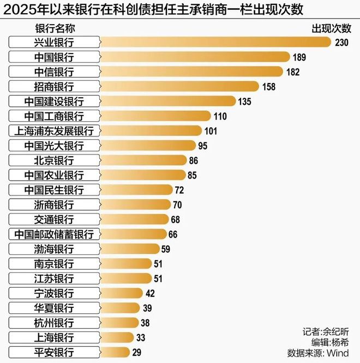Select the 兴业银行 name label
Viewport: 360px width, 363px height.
[x=54, y=42]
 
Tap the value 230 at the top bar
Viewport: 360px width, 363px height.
[x=343, y=43]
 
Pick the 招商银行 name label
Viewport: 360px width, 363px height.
[x=54, y=86]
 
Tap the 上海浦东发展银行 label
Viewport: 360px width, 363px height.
[x=54, y=130]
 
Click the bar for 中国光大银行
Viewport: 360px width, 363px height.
[x=147, y=145]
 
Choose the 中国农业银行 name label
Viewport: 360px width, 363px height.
[x=54, y=175]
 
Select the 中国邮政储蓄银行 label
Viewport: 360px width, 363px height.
[x=54, y=234]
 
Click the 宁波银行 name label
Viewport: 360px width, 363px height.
[x=54, y=293]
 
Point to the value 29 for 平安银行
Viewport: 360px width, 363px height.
[x=136, y=353]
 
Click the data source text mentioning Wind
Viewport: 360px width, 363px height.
[x=318, y=353]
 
